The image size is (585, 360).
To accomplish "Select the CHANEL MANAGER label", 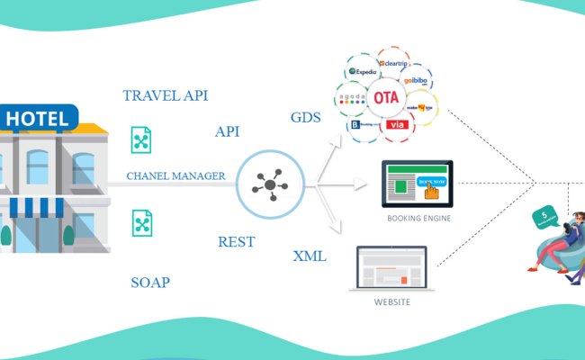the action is [175, 175].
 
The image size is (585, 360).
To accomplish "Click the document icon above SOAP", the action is [140, 221].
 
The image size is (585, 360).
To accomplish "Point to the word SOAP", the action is [150, 283].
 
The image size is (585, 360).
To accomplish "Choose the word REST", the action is [236, 241].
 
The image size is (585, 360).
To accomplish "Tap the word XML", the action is [310, 256].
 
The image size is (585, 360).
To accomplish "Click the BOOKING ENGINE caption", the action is [418, 218].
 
